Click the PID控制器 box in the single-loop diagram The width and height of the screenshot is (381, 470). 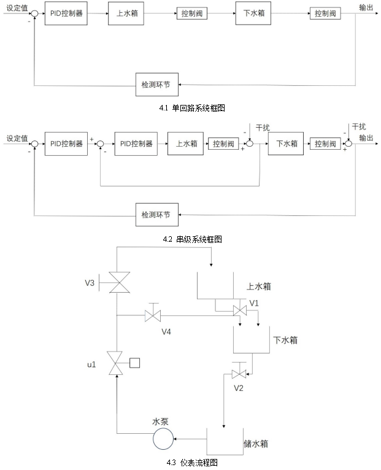tap(66, 13)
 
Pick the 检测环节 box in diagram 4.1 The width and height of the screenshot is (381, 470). tap(157, 84)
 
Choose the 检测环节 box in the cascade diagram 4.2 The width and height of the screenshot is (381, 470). tap(157, 214)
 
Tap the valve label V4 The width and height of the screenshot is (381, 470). tap(166, 332)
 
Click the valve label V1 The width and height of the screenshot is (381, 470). tap(255, 302)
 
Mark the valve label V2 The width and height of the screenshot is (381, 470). tap(239, 388)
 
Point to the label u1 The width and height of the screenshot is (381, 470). tap(91, 364)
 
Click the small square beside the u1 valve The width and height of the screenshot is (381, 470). tap(134, 362)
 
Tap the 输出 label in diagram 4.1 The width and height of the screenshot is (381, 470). tap(367, 7)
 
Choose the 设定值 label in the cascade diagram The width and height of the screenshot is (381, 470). tap(17, 138)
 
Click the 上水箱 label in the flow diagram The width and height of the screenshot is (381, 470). tap(258, 286)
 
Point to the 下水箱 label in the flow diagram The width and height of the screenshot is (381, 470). tap(285, 339)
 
